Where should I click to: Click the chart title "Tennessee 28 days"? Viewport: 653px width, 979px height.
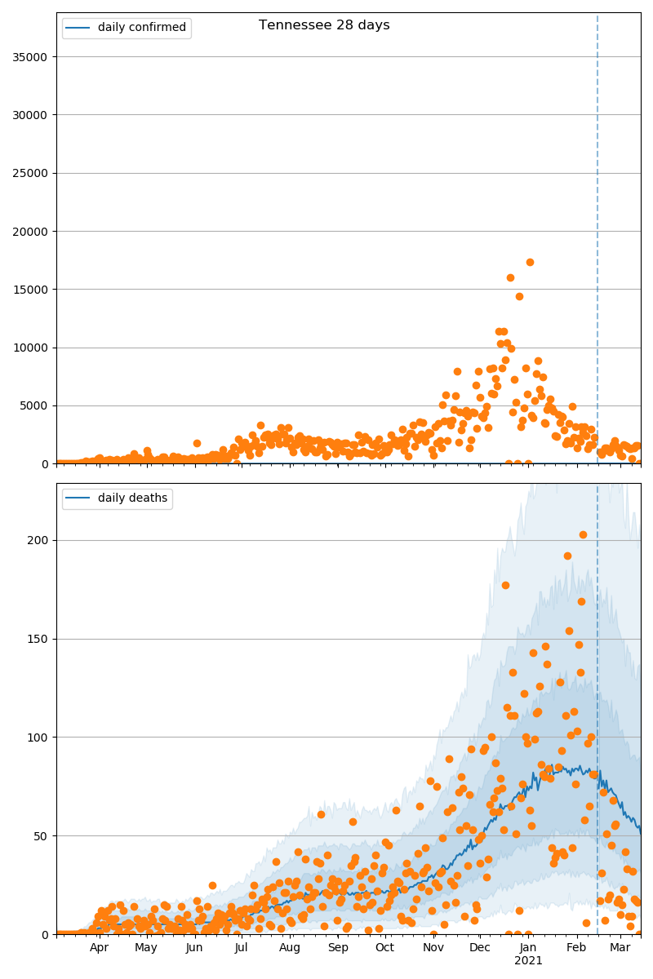click(x=324, y=25)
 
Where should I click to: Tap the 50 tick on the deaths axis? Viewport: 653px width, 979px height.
click(x=42, y=836)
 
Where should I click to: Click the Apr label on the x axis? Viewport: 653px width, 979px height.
click(x=100, y=948)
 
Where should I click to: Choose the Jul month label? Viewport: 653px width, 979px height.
click(x=241, y=948)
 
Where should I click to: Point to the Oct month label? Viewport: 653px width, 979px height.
click(x=384, y=948)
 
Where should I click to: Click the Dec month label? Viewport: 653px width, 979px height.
click(x=480, y=948)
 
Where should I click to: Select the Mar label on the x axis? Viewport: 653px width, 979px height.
click(x=620, y=948)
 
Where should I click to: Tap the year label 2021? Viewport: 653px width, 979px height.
click(x=528, y=961)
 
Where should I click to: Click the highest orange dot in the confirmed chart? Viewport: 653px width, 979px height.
click(x=530, y=262)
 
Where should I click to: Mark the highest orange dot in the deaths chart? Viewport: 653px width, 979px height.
click(x=583, y=534)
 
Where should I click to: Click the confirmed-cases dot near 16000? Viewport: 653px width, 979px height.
click(x=510, y=277)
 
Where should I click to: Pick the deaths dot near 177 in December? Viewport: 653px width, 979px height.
click(x=505, y=585)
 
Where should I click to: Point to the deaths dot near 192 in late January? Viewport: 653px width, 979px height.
click(x=567, y=556)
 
